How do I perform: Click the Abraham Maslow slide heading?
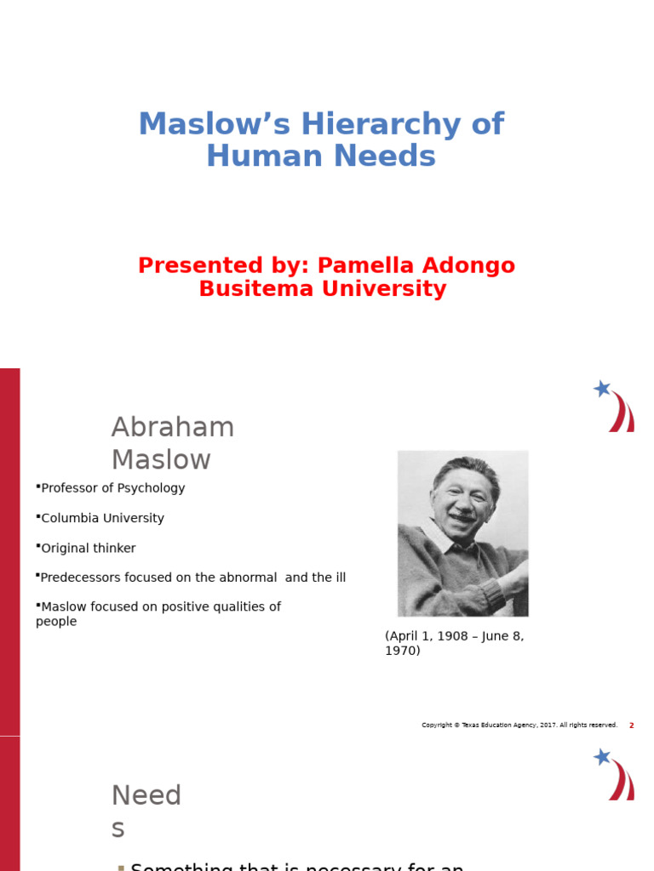coord(173,443)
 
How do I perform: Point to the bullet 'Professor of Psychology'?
coord(112,488)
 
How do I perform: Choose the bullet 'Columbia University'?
coord(102,518)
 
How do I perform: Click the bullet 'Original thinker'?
coord(88,549)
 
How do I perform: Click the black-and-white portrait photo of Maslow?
coord(462,533)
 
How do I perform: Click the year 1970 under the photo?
coord(402,651)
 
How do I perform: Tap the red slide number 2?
coord(631,726)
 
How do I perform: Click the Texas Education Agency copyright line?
coord(519,726)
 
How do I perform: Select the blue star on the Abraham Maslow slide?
coord(602,389)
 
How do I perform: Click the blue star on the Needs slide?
coord(602,756)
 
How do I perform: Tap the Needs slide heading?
coord(146,811)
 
